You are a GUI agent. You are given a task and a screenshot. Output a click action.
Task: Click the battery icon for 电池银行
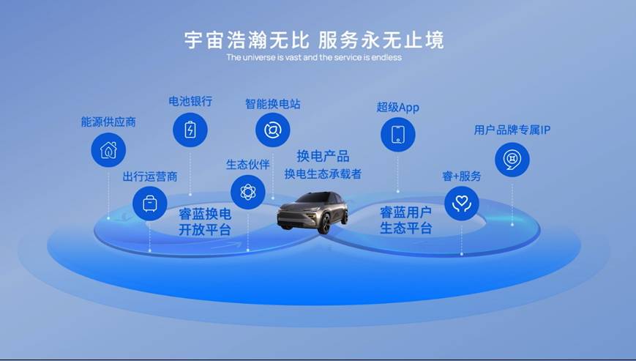[190, 130]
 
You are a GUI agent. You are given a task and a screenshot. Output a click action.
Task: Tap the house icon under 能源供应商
[108, 150]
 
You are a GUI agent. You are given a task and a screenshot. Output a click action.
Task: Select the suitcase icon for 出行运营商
[150, 204]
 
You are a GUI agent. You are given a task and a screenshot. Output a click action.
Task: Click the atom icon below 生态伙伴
[248, 193]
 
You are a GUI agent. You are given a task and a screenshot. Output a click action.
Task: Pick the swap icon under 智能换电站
[272, 130]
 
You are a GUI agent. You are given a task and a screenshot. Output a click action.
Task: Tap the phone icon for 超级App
[398, 135]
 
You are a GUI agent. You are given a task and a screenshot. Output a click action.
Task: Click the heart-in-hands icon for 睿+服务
[462, 204]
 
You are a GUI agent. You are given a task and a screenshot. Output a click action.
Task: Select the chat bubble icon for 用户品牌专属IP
[512, 160]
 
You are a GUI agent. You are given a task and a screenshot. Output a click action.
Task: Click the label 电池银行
[190, 101]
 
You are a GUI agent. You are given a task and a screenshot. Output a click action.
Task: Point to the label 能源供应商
[108, 122]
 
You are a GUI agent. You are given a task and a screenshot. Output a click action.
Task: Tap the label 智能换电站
[272, 104]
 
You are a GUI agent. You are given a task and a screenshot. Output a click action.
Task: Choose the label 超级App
[397, 108]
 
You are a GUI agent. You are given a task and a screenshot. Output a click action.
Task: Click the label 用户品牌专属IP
[512, 130]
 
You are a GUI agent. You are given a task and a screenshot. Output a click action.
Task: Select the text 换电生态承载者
[323, 174]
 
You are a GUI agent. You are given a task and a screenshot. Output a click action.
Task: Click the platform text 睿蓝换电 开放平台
[205, 222]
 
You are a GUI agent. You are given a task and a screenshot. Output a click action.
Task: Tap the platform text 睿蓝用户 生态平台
[405, 220]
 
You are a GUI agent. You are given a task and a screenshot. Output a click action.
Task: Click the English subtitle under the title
[314, 58]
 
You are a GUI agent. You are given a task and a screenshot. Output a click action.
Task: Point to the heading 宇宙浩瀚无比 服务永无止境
[314, 40]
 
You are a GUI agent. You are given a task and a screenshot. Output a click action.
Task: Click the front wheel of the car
[324, 224]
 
